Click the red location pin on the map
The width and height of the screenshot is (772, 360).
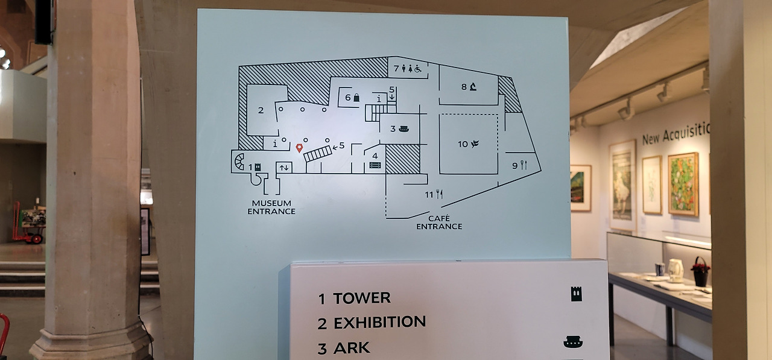pyautogui.click(x=299, y=148)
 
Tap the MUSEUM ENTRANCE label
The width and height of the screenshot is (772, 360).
pyautogui.click(x=271, y=207)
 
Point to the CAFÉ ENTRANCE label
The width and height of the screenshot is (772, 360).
pyautogui.click(x=439, y=223)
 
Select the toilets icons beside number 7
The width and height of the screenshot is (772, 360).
pyautogui.click(x=414, y=69)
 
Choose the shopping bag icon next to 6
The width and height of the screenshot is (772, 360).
pyautogui.click(x=356, y=98)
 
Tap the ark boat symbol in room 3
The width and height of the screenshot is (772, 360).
pyautogui.click(x=404, y=128)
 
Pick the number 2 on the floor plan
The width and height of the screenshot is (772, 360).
pyautogui.click(x=261, y=110)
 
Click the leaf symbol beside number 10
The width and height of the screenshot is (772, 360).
pyautogui.click(x=475, y=144)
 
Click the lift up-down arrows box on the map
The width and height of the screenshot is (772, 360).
pyautogui.click(x=283, y=167)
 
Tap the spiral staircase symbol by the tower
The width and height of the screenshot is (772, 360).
pyautogui.click(x=239, y=161)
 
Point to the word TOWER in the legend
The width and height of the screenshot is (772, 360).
pyautogui.click(x=361, y=298)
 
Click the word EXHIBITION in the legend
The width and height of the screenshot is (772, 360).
pyautogui.click(x=379, y=323)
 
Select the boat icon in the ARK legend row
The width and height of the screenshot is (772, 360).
pyautogui.click(x=572, y=342)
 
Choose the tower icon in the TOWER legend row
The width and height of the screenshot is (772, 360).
pyautogui.click(x=577, y=294)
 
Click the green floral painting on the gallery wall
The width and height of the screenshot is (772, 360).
pyautogui.click(x=683, y=183)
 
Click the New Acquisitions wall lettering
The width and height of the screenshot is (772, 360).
pyautogui.click(x=675, y=133)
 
